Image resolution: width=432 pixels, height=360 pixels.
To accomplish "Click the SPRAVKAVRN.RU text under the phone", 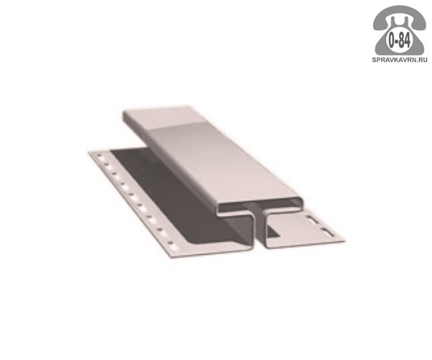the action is (x=400, y=60).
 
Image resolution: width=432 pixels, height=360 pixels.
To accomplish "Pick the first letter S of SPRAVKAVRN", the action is (x=374, y=60).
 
